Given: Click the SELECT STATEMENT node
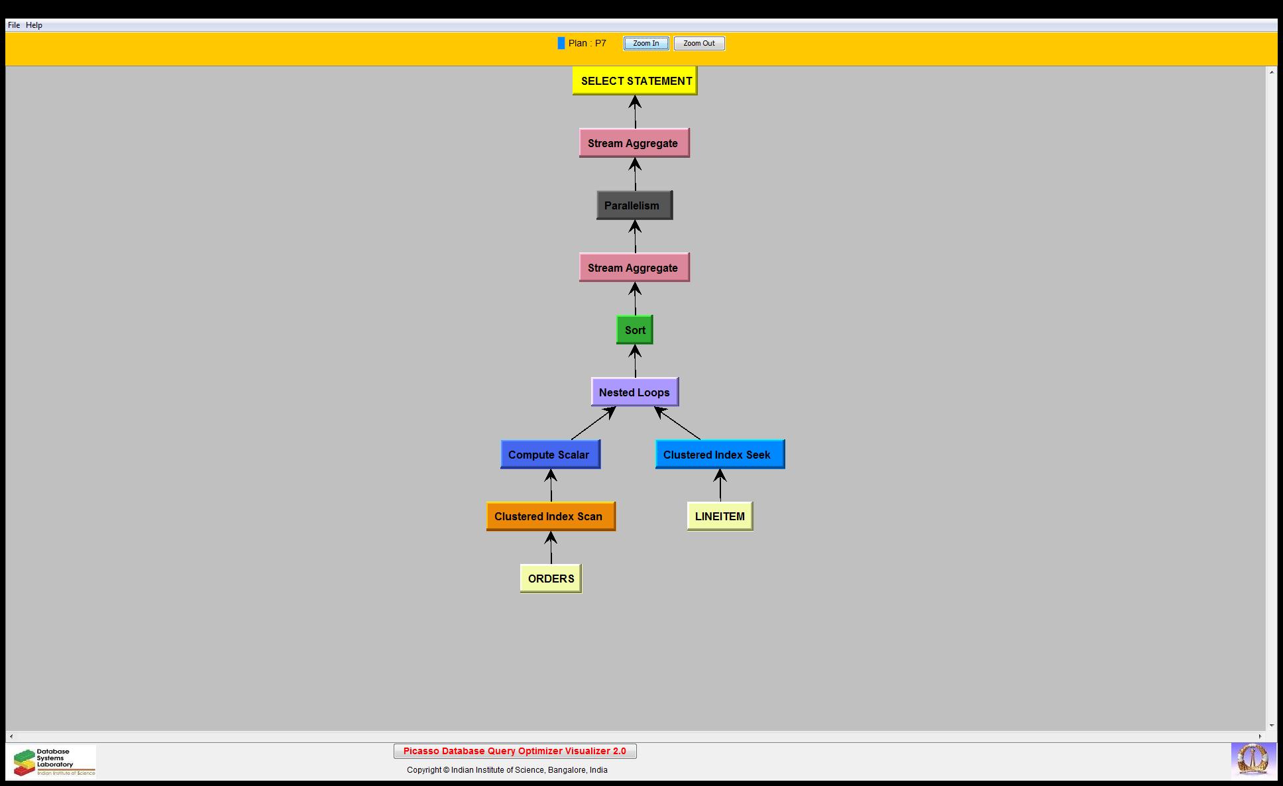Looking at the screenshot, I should pos(635,81).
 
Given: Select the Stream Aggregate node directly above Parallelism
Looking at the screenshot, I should pos(634,143).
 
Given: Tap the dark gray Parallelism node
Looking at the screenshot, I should pos(634,205).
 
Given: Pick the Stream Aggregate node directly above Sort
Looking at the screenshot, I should pos(634,268).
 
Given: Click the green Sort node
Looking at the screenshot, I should pos(634,330).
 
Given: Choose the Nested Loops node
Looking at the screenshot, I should pos(634,392).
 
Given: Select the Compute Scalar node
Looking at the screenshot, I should pos(550,455).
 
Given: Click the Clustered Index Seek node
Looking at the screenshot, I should pos(720,455).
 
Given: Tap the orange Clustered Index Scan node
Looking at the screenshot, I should pos(550,516).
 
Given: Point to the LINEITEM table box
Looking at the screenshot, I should pos(720,516).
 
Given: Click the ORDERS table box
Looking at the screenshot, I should pos(551,579).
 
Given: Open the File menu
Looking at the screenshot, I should pos(14,25).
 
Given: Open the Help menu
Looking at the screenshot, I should pos(34,25).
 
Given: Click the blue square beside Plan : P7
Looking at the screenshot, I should pos(561,43).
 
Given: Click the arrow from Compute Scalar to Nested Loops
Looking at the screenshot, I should pos(592,423).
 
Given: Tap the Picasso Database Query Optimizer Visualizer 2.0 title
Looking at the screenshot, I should pos(515,751).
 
